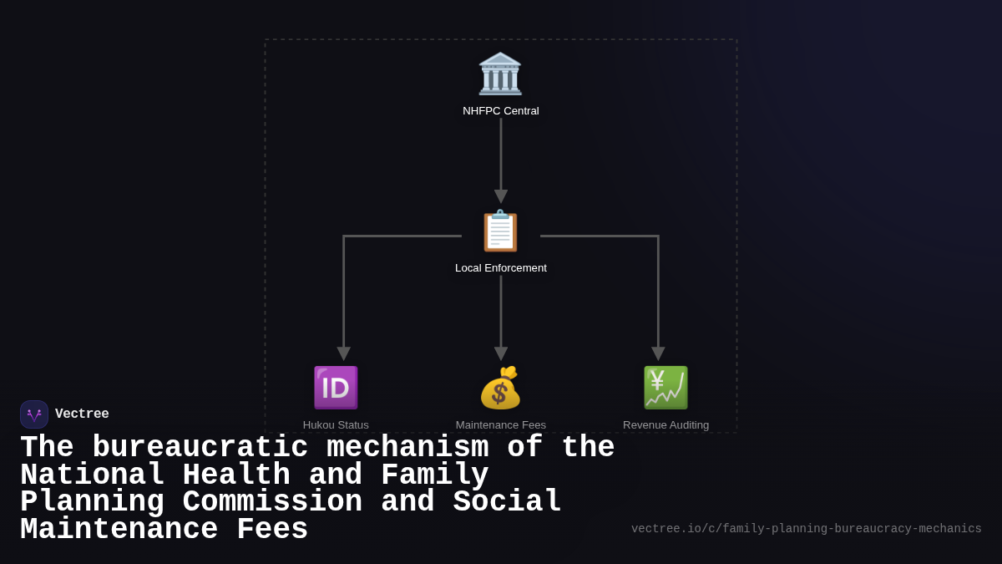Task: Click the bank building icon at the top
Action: pos(500,74)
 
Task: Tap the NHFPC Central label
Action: pos(501,111)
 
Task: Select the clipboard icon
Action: pos(500,231)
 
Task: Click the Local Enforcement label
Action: pos(501,268)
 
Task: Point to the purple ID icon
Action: pos(336,388)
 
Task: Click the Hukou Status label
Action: pos(336,424)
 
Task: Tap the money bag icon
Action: pos(500,388)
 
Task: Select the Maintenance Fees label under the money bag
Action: pos(501,424)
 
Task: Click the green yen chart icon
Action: pos(665,388)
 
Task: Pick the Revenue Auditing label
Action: pos(665,424)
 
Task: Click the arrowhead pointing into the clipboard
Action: pos(501,196)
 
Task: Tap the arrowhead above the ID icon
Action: pos(343,353)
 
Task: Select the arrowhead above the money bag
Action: pos(501,353)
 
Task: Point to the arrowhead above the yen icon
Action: pos(658,353)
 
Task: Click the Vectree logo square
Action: pos(34,414)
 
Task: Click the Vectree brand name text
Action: pos(82,414)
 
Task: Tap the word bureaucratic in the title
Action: pos(200,448)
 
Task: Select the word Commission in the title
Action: pos(272,502)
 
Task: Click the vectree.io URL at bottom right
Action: pos(806,529)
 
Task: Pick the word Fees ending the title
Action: pos(272,530)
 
